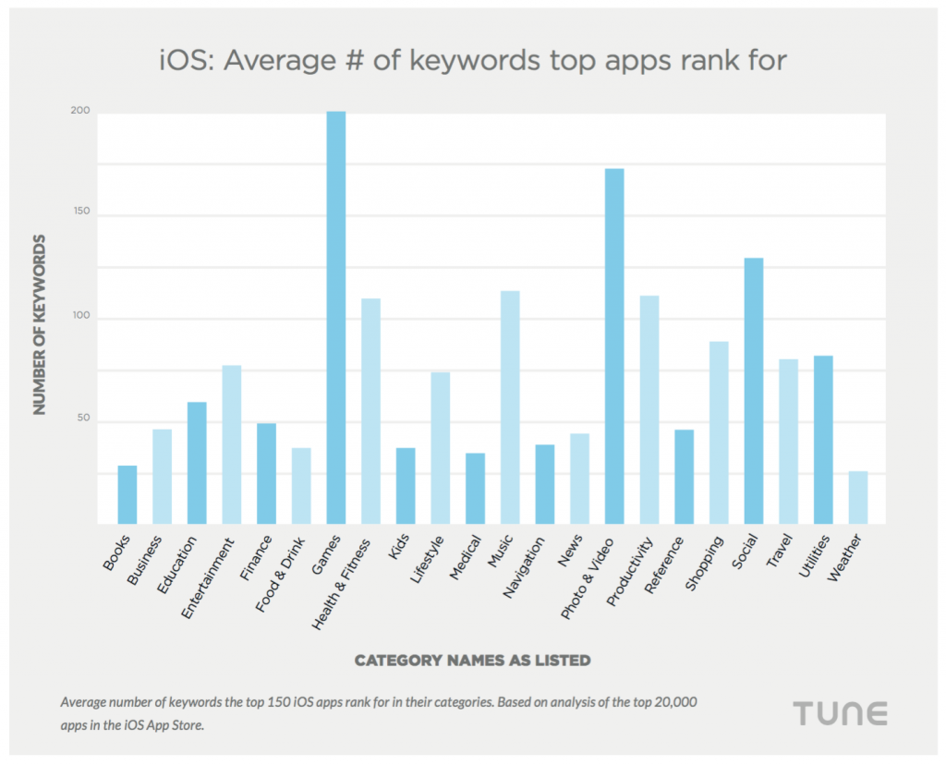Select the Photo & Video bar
point(614,346)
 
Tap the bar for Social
point(754,390)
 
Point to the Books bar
point(127,494)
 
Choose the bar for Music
point(510,407)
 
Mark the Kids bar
point(406,485)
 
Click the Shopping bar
point(719,431)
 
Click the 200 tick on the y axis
point(81,112)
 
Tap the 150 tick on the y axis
point(81,215)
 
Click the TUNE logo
point(841,713)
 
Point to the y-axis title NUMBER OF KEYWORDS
point(40,324)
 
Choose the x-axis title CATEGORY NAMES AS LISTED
point(472,661)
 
